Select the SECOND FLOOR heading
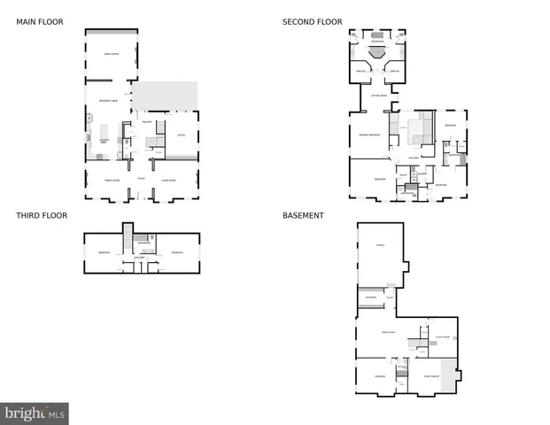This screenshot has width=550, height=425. pyautogui.click(x=312, y=22)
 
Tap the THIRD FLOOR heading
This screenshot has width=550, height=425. pyautogui.click(x=42, y=215)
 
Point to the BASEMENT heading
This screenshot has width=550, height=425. pyautogui.click(x=303, y=215)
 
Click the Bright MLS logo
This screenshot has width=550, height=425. pyautogui.click(x=35, y=413)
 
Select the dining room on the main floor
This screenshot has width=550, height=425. pyautogui.click(x=112, y=181)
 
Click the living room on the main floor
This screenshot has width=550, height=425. pyautogui.click(x=167, y=181)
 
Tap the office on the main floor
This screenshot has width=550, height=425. pyautogui.click(x=181, y=135)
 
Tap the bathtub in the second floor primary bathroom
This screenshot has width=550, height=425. pyautogui.click(x=377, y=52)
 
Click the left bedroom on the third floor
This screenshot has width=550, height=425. pyautogui.click(x=104, y=253)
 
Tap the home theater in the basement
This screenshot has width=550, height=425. pyautogui.click(x=432, y=377)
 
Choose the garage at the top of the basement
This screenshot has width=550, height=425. pyautogui.click(x=380, y=245)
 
